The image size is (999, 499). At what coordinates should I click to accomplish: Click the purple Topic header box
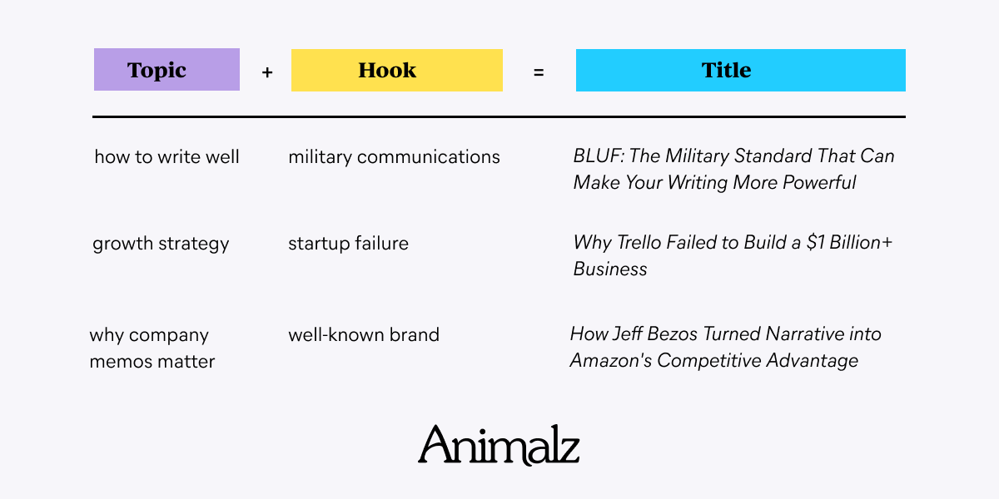(166, 70)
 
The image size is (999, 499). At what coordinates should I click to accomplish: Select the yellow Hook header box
(397, 70)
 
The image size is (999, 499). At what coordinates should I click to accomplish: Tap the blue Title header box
(741, 70)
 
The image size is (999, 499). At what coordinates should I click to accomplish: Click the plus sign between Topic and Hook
(267, 72)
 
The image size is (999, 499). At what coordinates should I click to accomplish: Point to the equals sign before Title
(539, 72)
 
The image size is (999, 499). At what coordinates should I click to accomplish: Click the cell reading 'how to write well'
(166, 157)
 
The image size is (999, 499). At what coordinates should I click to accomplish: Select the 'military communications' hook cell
(395, 157)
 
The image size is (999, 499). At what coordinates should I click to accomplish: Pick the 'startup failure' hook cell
(348, 244)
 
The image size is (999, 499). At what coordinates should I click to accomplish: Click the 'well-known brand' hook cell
(364, 334)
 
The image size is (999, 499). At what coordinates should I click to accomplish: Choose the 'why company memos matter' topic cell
(152, 348)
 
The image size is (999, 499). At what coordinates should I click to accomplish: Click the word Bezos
(672, 334)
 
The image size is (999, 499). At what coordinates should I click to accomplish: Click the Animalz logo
(499, 445)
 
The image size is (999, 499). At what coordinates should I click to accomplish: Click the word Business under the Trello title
(610, 269)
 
